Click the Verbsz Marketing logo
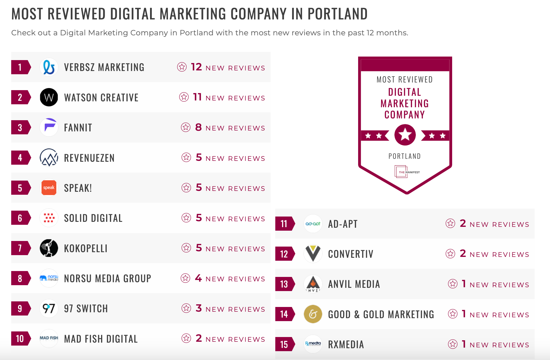coord(49,67)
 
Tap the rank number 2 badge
coord(20,97)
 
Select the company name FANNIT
coord(78,128)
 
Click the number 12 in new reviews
coord(196,67)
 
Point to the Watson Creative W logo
coord(49,97)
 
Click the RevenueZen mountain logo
coord(49,158)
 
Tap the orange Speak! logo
coord(49,188)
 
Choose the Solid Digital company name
coord(93,218)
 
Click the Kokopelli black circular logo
coord(49,248)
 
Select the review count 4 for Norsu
coord(198,278)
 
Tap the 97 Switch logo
coord(49,308)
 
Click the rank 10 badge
coord(20,338)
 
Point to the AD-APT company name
coord(343,224)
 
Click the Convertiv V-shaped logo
coord(313,254)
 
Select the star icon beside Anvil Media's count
coord(452,284)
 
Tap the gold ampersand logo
coord(313,314)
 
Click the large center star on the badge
coord(405,135)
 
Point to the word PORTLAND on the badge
coord(404,156)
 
